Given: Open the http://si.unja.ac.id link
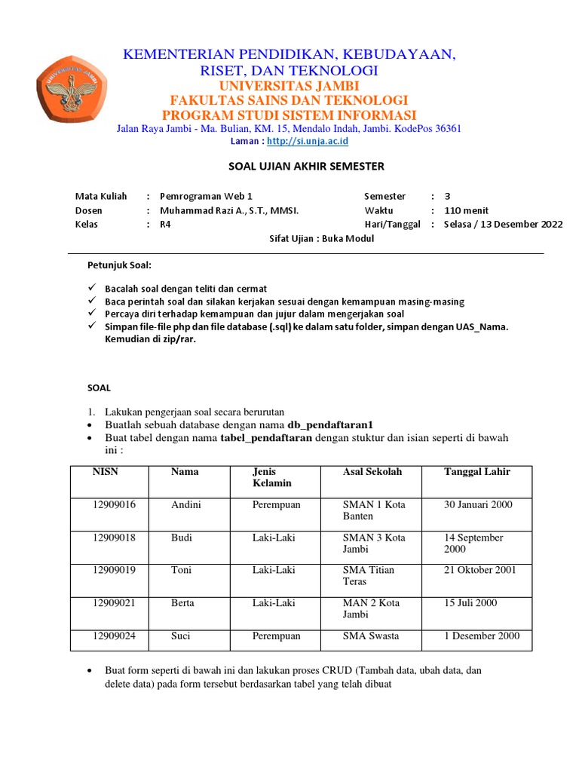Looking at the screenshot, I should point(296,141).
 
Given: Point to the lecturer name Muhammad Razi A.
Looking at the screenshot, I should point(224,210).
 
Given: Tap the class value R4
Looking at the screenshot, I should point(165,225).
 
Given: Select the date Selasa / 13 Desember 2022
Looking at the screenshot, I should point(503,225).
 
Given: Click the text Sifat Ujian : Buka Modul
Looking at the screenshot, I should point(321,239).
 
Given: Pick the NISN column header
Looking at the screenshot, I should point(106,472).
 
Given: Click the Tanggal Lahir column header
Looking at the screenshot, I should point(477,472).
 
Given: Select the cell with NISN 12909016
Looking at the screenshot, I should point(114,505).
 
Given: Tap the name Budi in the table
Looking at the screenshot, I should point(182,538).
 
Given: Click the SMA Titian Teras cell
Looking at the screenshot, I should point(369,576).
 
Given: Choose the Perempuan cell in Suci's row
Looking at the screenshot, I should point(276,636).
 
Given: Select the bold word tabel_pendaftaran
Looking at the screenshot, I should point(266,438).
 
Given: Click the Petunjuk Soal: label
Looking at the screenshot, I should point(119,265).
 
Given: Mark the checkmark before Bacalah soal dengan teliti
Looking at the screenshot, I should point(92,289).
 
